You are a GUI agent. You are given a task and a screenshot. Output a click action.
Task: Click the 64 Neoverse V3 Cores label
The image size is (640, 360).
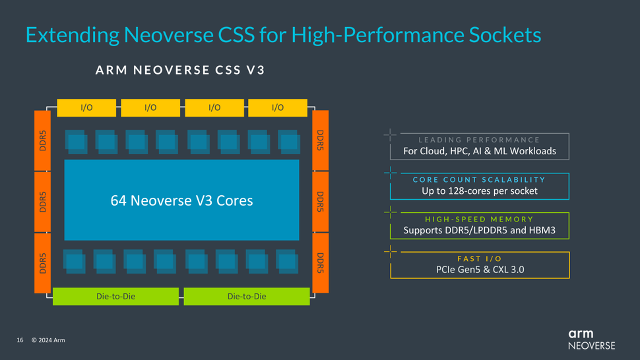point(181,200)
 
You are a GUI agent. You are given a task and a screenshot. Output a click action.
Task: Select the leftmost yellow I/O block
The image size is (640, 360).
point(86,107)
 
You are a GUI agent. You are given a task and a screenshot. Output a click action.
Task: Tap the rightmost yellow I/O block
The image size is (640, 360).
point(278,107)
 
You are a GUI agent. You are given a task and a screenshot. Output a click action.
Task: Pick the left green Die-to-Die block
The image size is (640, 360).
point(115,297)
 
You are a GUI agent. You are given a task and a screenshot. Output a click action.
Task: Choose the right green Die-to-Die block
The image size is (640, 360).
point(247,297)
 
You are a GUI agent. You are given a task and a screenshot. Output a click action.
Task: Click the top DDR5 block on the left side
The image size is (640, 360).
point(42,140)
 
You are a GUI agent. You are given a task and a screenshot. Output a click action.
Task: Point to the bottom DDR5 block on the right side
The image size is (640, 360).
point(320,263)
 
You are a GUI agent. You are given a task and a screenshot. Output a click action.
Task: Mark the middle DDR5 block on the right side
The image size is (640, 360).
point(320,202)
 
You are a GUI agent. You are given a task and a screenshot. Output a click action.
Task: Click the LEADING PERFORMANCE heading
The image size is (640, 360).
point(479,140)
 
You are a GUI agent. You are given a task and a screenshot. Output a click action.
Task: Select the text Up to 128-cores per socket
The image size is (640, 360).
point(480,191)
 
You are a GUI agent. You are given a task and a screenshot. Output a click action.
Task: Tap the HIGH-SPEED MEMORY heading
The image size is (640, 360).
point(480,219)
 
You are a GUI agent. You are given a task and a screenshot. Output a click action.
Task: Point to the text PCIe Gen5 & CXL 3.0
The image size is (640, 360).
point(480,269)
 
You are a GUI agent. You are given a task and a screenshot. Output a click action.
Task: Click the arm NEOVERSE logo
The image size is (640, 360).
point(591,340)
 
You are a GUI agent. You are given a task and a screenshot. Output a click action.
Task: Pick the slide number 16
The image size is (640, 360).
point(20,340)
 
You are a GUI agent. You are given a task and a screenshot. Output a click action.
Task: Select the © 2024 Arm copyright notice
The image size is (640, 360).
point(48,340)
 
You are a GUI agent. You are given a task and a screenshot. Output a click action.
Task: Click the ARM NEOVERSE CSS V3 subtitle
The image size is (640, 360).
point(180,71)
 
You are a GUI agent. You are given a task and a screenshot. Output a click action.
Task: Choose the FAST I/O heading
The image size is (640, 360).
point(480,258)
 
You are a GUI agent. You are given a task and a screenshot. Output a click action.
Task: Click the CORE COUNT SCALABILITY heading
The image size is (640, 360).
point(480,179)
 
